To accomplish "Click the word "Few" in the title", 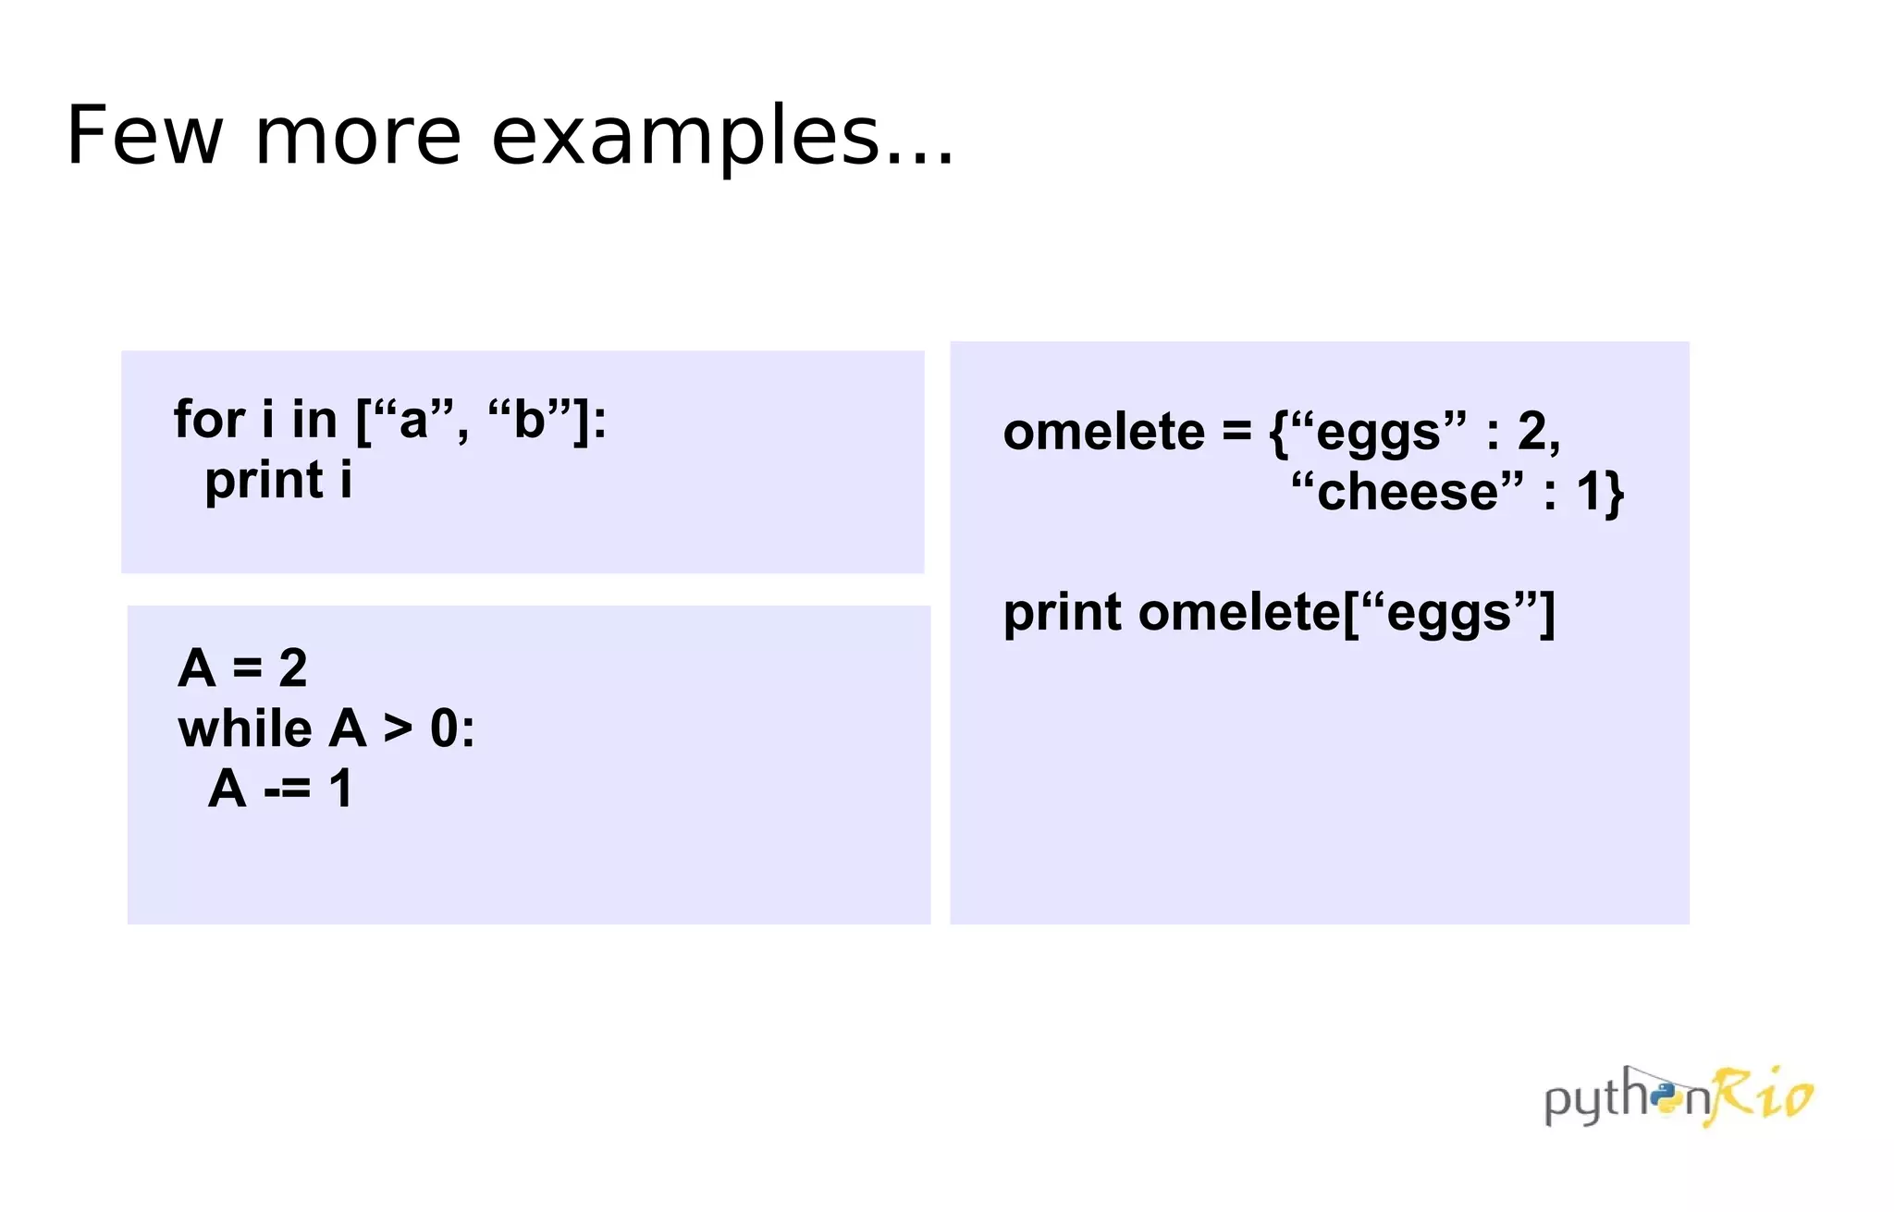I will pyautogui.click(x=144, y=136).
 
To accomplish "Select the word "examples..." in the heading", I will pyautogui.click(x=722, y=136).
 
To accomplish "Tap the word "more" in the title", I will pyautogui.click(x=357, y=136).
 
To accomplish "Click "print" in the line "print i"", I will pyautogui.click(x=264, y=481).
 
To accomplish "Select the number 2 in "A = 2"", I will pyautogui.click(x=292, y=667).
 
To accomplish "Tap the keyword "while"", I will pyautogui.click(x=244, y=728).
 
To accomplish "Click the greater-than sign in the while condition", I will pyautogui.click(x=398, y=728).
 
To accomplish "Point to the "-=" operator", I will pyautogui.click(x=287, y=790).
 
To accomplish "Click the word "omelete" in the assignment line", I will pyautogui.click(x=1104, y=432).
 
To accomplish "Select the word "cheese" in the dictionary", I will pyautogui.click(x=1407, y=492).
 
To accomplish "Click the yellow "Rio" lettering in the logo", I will pyautogui.click(x=1763, y=1096).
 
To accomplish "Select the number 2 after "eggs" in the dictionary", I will pyautogui.click(x=1533, y=432).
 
